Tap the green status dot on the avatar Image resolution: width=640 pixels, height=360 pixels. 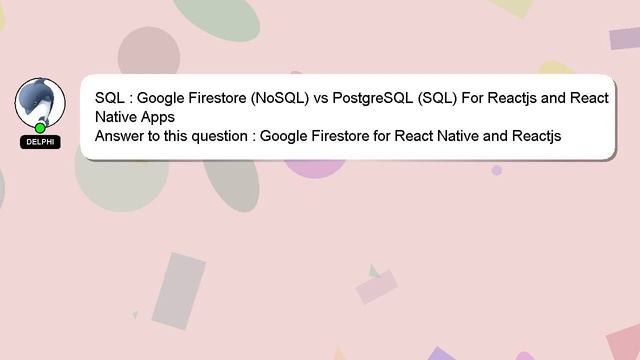click(40, 128)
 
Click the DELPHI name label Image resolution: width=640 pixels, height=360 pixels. click(40, 142)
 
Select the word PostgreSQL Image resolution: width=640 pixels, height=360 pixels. click(376, 99)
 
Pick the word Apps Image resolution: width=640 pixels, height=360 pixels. click(155, 117)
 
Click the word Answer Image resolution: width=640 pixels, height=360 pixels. click(119, 135)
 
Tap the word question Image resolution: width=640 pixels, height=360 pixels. click(213, 135)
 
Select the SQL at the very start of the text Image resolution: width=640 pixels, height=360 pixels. click(109, 99)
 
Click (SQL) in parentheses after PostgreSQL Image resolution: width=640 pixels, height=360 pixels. click(436, 99)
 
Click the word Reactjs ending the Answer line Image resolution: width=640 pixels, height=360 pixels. click(536, 135)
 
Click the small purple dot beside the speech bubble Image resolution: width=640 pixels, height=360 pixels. click(497, 170)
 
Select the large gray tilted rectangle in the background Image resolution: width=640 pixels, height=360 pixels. click(179, 289)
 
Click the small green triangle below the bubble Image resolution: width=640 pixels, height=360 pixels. click(373, 271)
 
